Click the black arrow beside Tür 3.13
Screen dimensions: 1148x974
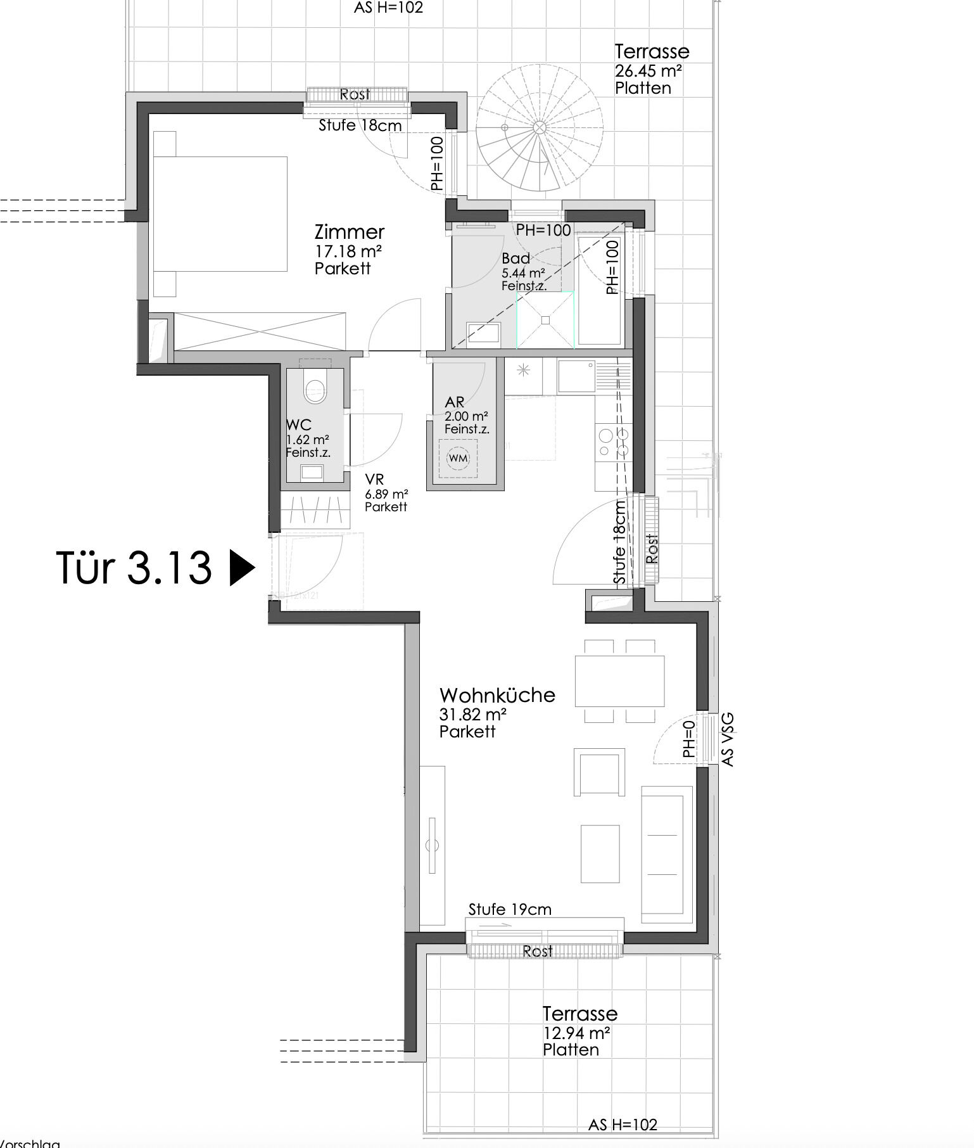pyautogui.click(x=241, y=568)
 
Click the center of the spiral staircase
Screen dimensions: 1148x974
pyautogui.click(x=539, y=128)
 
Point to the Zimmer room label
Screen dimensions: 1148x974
pyautogui.click(x=349, y=231)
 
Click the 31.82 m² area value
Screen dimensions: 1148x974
pyautogui.click(x=472, y=714)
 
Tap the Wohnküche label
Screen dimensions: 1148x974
pyautogui.click(x=497, y=695)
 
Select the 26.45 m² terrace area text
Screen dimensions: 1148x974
pyautogui.click(x=648, y=70)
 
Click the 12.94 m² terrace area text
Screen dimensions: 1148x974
pyautogui.click(x=576, y=1033)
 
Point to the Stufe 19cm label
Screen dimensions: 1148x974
pyautogui.click(x=510, y=909)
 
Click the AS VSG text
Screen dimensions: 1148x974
pyautogui.click(x=728, y=739)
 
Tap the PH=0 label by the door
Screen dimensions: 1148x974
pyautogui.click(x=689, y=739)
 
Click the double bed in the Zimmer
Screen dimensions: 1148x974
pyautogui.click(x=218, y=214)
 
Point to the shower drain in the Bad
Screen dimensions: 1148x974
pyautogui.click(x=545, y=320)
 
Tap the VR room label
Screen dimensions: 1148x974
pyautogui.click(x=374, y=480)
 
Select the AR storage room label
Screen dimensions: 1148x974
pyautogui.click(x=455, y=402)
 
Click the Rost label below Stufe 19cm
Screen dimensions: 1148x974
pyautogui.click(x=538, y=950)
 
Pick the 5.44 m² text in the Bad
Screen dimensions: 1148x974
pyautogui.click(x=523, y=273)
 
